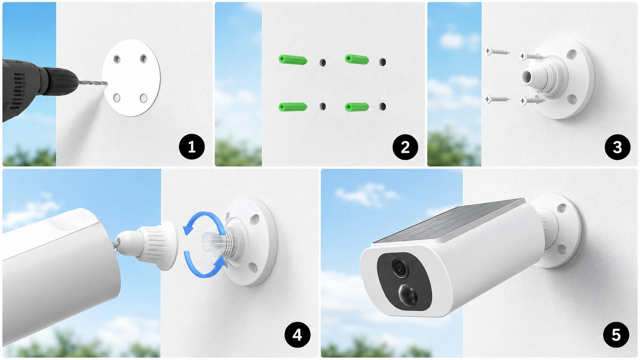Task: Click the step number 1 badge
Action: [x=192, y=147]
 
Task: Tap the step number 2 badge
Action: [x=405, y=147]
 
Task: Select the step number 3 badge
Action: [x=617, y=147]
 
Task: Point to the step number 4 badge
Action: [x=297, y=335]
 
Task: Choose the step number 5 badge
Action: [x=616, y=335]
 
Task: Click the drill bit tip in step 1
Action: [x=107, y=83]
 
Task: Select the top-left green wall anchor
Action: [x=293, y=60]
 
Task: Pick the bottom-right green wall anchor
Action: [x=357, y=107]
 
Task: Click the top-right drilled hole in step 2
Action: [x=382, y=62]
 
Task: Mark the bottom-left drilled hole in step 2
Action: [x=323, y=106]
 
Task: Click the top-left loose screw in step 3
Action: [x=498, y=51]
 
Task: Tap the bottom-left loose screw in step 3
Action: [x=498, y=99]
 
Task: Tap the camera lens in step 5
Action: [x=399, y=267]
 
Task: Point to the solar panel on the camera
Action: [x=451, y=221]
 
